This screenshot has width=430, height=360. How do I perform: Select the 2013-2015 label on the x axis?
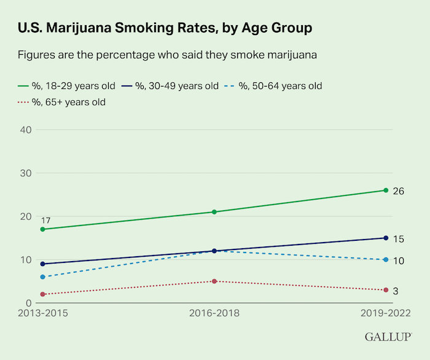point(42,313)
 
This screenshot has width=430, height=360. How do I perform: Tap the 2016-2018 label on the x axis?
point(214,313)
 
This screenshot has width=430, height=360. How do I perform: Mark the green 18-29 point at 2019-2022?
point(386,190)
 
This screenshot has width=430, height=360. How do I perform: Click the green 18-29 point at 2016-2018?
point(214,212)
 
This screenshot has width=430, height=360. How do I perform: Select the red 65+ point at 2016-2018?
point(214,281)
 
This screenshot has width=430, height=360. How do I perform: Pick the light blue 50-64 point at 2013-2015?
point(42,277)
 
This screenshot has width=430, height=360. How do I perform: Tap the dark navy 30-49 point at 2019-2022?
point(386,238)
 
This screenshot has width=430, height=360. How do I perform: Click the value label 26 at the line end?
point(398,191)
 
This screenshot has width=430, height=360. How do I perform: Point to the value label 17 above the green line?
point(45,220)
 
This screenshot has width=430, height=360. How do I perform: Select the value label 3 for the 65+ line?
point(396,291)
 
